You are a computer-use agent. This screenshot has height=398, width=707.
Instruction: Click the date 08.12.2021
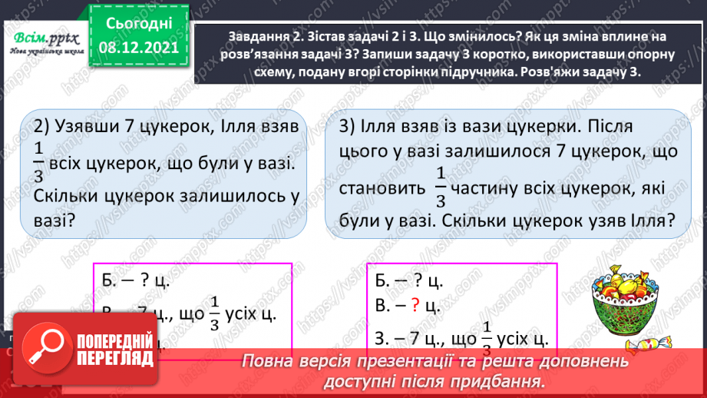tap(139, 48)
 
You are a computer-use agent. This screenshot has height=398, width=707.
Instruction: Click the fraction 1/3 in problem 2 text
tap(39, 164)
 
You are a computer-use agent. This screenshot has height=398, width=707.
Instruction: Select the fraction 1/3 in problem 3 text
tap(440, 188)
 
